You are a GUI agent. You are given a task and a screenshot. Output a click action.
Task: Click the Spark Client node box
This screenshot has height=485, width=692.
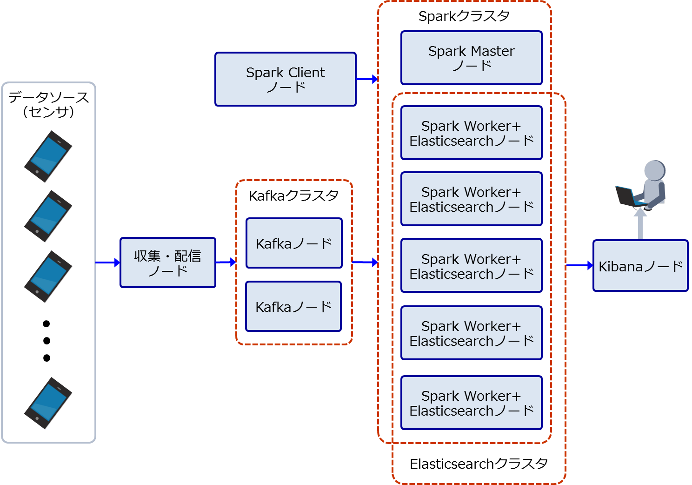[x=286, y=79]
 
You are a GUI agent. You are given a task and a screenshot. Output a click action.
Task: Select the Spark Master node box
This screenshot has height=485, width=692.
[x=472, y=58]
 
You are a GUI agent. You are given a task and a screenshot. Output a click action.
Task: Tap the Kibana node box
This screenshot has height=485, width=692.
[x=640, y=265]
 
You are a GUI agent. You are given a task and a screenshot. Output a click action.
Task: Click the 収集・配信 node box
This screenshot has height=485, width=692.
[x=168, y=263]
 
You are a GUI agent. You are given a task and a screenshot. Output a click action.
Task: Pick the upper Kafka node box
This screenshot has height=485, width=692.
[x=294, y=243]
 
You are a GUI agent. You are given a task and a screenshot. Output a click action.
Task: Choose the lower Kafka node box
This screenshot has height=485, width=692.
[x=293, y=306]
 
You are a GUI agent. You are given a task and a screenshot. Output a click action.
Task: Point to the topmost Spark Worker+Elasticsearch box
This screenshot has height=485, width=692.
[x=472, y=133]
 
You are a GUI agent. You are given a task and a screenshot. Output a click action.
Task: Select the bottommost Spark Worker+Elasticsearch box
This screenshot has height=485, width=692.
[x=472, y=403]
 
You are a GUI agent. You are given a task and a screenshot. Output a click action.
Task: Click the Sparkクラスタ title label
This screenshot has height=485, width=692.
[x=464, y=16]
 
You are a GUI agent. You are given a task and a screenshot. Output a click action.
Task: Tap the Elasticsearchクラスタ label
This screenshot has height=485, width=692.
[x=479, y=464]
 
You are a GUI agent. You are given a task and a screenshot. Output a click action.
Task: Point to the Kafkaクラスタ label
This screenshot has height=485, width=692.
[x=293, y=195]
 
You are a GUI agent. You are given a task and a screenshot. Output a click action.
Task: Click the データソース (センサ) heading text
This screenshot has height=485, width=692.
[x=48, y=104]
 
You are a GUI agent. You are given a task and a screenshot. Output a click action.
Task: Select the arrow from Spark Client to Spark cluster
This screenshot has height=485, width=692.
[x=367, y=79]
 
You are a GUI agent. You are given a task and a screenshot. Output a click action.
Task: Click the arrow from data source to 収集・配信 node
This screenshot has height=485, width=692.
[x=107, y=263]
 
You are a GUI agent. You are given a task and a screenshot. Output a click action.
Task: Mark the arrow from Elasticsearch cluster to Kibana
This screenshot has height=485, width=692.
[x=579, y=265]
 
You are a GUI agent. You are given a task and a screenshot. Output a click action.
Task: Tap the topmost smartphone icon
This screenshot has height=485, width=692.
[x=48, y=156]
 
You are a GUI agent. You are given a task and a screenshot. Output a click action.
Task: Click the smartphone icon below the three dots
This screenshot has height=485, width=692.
[x=48, y=403]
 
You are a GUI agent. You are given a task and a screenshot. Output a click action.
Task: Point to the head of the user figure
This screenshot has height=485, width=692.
[x=655, y=170]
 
